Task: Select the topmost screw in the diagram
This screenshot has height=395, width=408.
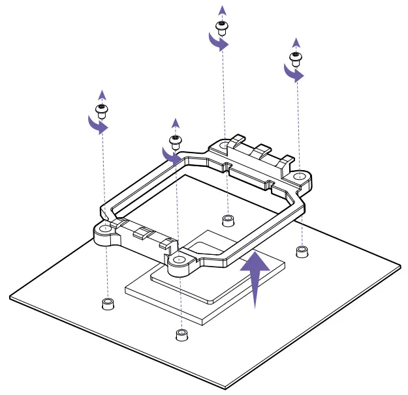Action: point(221,27)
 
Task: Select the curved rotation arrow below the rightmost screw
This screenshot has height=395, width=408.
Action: point(293,73)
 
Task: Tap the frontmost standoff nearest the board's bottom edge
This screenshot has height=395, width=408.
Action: point(181,334)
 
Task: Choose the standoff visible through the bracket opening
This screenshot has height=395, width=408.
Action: point(227,220)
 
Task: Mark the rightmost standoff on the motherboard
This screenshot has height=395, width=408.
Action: point(302,251)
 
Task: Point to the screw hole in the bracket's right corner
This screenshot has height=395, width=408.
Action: point(298,176)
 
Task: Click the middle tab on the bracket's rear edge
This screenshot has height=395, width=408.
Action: point(261,151)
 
